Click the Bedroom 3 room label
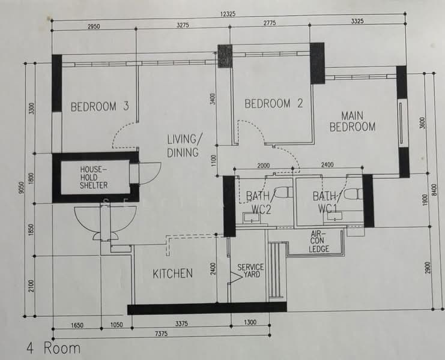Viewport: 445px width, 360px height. coord(100,107)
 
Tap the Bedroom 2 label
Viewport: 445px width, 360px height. coord(274,103)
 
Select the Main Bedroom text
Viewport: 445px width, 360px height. coord(353,122)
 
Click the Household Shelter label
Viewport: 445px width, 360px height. coord(94,178)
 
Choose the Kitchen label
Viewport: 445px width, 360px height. coord(172,274)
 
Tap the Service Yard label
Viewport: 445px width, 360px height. coord(250,271)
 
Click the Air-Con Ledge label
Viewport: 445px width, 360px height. coord(319,242)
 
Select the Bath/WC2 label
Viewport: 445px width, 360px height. coord(259,203)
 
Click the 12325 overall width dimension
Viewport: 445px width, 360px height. coord(228,14)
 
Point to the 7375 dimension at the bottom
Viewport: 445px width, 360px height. coord(161,334)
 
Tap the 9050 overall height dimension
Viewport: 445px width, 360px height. coord(22,188)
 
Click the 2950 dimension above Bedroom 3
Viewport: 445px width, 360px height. coord(94,26)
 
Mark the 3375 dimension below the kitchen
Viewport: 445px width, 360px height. coord(181,323)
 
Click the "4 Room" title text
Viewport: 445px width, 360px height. coord(53,348)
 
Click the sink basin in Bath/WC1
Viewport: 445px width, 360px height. coord(335,216)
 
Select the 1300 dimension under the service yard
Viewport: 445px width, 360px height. coord(250,322)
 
